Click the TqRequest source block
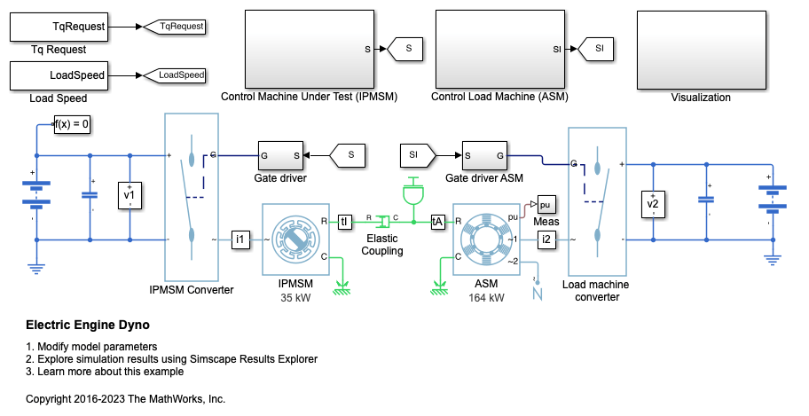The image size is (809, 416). [60, 27]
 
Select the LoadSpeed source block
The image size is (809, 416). [60, 76]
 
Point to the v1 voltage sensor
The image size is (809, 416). [130, 195]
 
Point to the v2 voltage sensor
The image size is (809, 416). [653, 206]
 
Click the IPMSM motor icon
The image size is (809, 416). [295, 239]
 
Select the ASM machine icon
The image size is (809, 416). [486, 239]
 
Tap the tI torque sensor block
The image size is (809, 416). [345, 222]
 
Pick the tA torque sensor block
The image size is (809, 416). [437, 222]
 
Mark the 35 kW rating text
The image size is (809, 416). [295, 298]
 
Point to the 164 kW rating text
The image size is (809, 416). [486, 298]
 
